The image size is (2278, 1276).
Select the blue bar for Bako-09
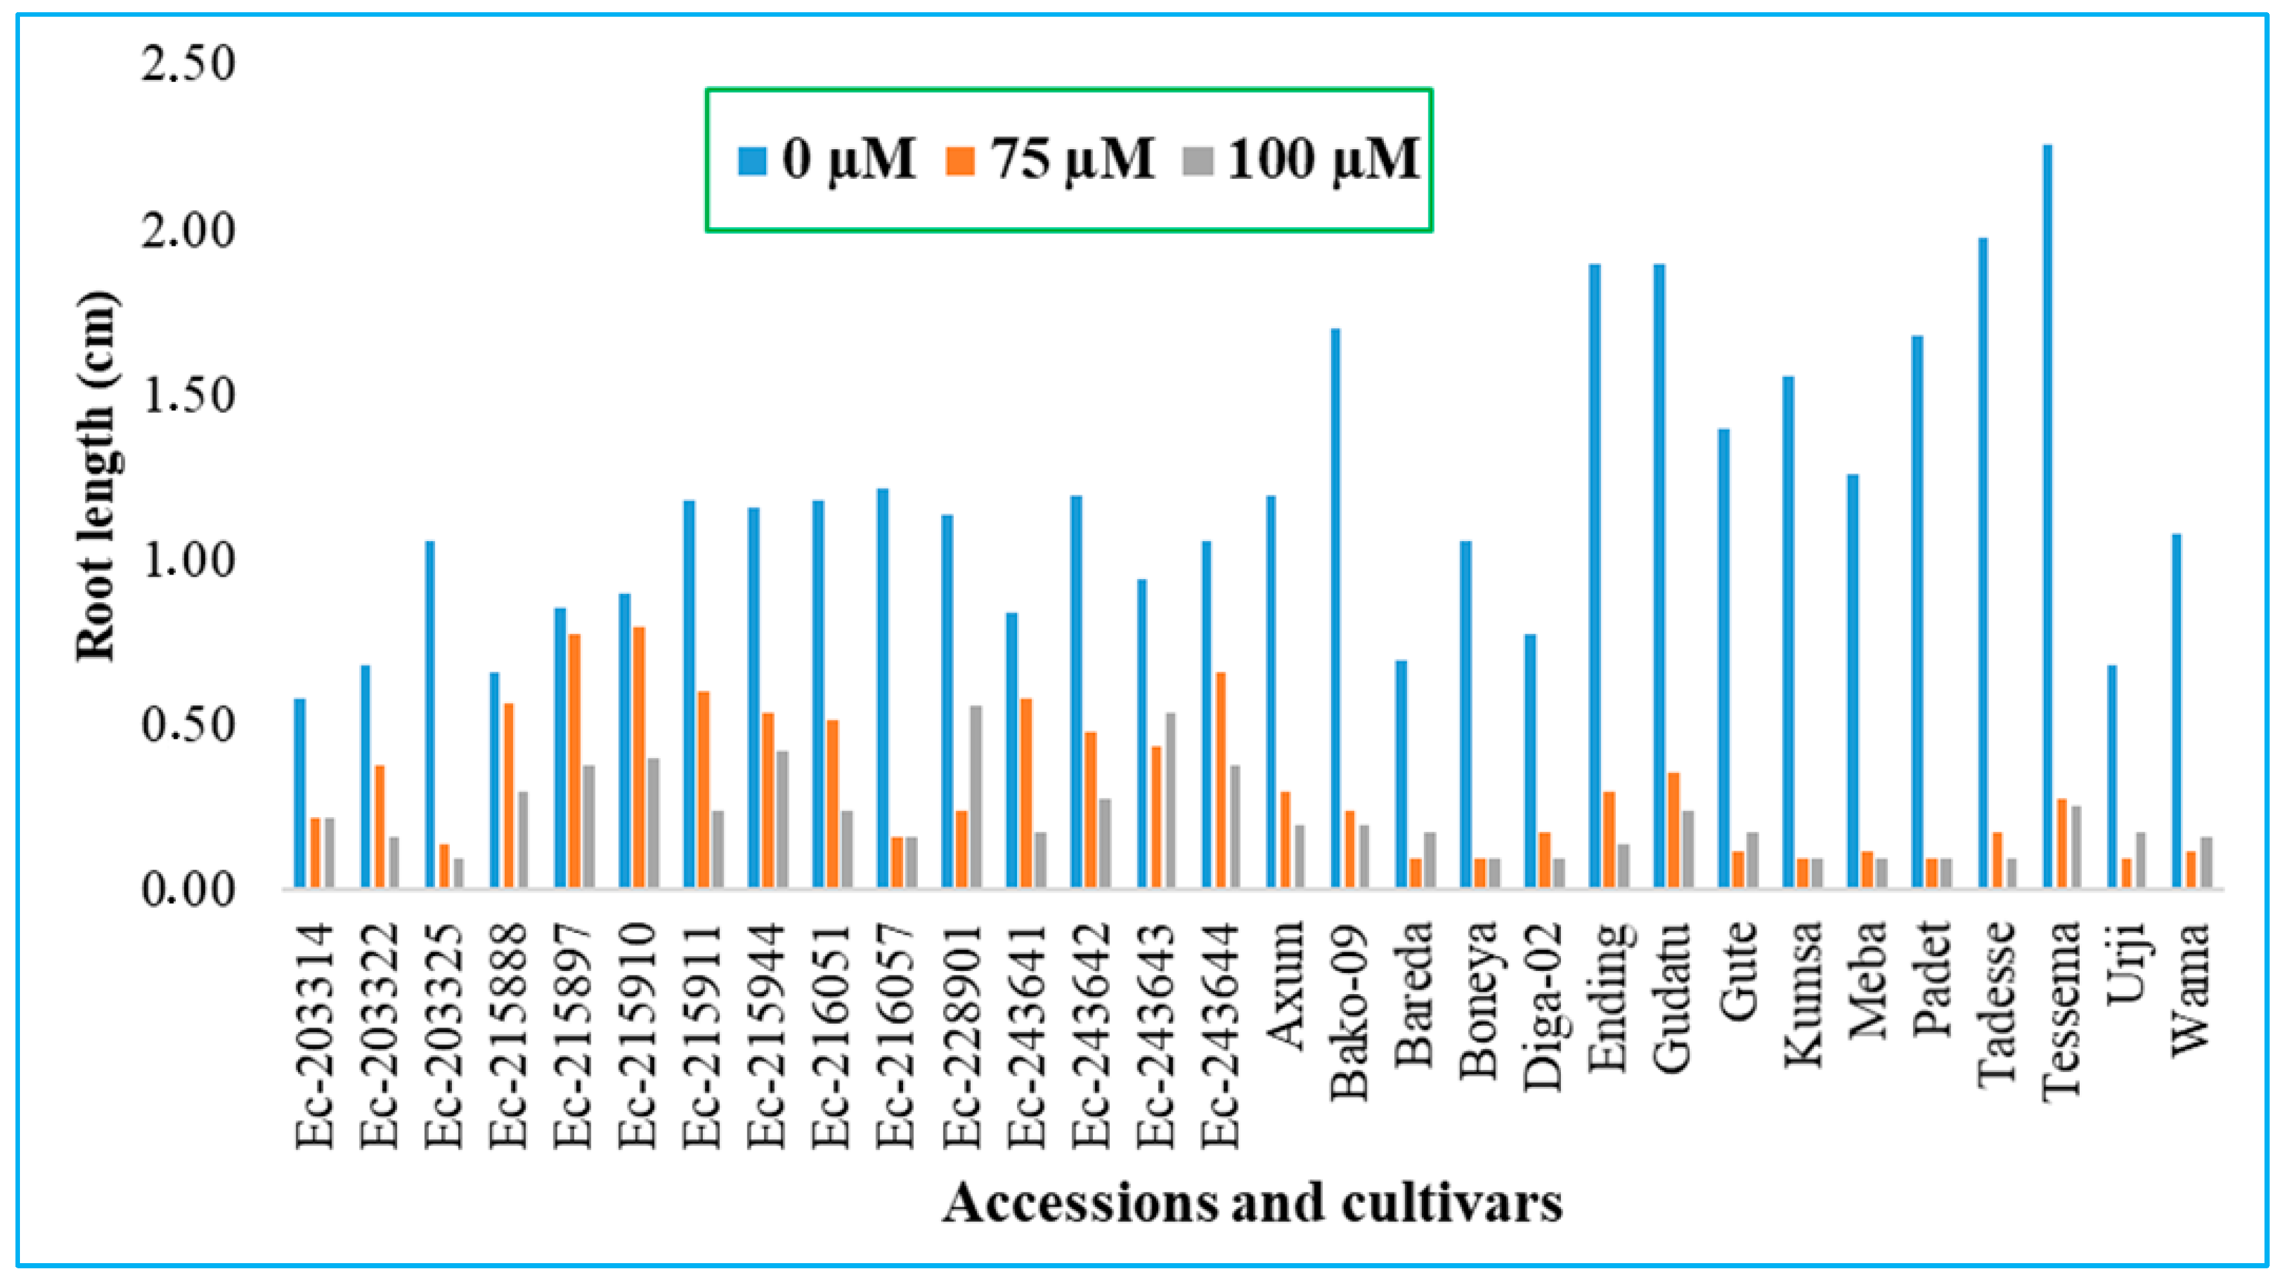point(1335,610)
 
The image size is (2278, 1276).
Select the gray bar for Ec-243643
point(1170,801)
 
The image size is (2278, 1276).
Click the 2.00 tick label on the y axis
point(189,232)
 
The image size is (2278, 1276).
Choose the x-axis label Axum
point(1285,981)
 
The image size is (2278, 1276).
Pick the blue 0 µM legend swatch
point(752,162)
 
